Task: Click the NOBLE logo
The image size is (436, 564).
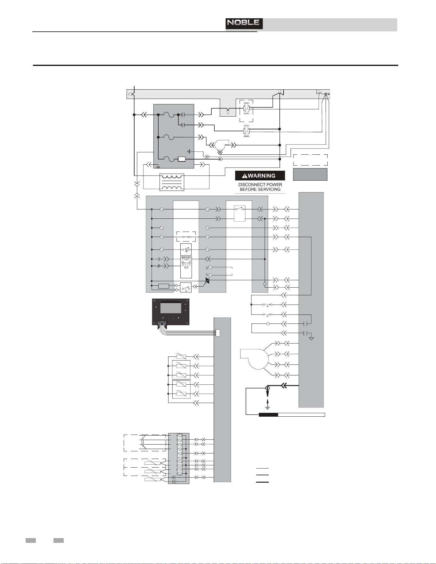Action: [244, 23]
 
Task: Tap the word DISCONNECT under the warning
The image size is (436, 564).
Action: [250, 184]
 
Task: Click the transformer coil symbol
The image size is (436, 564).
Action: [172, 182]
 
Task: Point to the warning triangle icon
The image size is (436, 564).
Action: [244, 176]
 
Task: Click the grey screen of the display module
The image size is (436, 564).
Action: [170, 308]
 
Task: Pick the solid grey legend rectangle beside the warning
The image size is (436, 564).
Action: [310, 174]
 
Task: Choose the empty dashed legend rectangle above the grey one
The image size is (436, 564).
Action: [310, 160]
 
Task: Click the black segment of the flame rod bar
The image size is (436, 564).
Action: [268, 415]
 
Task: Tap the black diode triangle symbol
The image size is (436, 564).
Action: [207, 281]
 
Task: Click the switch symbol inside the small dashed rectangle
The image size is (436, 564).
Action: [186, 237]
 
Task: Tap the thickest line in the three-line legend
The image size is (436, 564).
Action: [262, 482]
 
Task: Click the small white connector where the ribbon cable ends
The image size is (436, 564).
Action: [218, 333]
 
